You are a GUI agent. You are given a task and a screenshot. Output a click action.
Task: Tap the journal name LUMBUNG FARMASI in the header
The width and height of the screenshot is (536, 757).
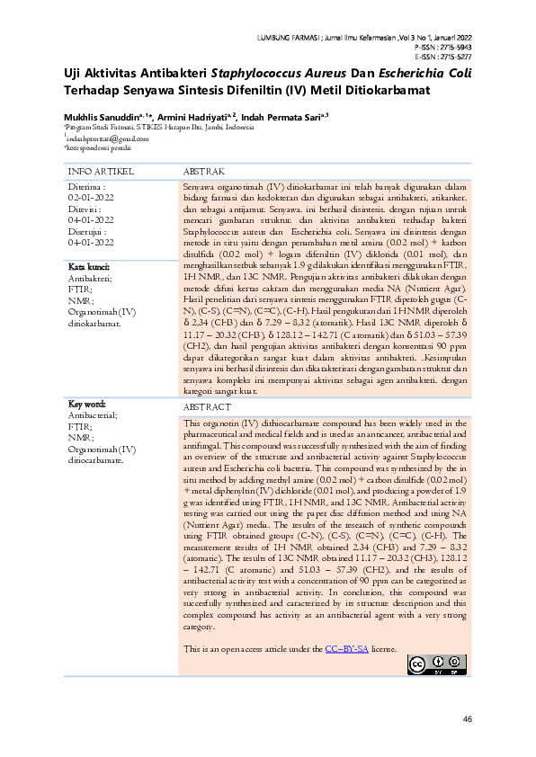click(x=293, y=37)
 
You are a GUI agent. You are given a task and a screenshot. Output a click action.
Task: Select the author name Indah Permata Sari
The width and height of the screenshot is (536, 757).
click(x=284, y=117)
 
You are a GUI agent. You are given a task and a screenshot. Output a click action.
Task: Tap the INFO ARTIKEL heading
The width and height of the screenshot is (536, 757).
click(x=102, y=170)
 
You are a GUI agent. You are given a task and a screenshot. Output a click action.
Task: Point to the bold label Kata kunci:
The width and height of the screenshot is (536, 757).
click(x=89, y=267)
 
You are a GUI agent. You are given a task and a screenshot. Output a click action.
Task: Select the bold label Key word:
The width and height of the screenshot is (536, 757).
click(x=87, y=405)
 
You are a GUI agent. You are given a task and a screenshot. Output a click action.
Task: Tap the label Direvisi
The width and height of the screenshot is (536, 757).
click(x=86, y=207)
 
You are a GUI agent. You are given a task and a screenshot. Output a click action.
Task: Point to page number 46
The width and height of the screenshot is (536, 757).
click(x=467, y=719)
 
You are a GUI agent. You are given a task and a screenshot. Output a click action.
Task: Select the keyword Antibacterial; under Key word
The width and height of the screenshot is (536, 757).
click(x=91, y=415)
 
